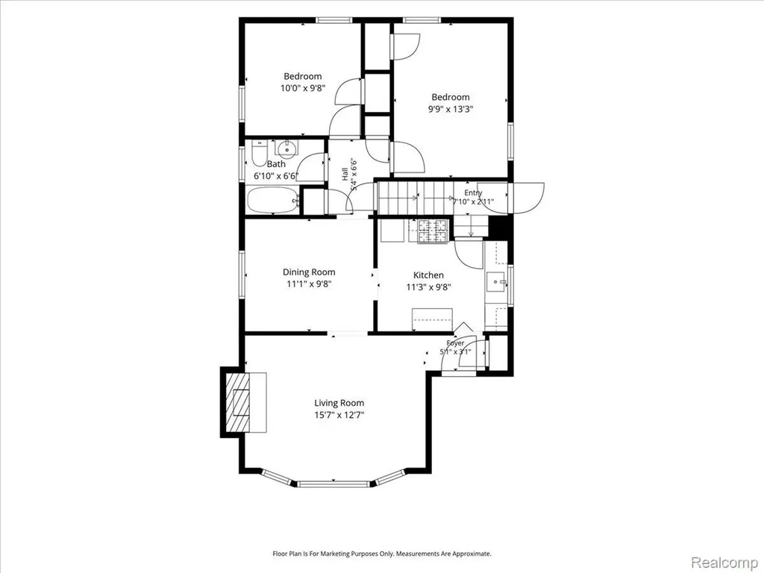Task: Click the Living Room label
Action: pos(339,403)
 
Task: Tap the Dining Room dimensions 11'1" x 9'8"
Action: pos(309,284)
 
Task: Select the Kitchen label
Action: pos(428,275)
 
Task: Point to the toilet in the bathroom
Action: pos(259,152)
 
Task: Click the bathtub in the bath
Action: pos(273,200)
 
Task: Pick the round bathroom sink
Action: pos(286,148)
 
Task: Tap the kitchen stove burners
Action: pos(433,231)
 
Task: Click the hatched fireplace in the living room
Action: pos(237,402)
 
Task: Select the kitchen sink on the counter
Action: pos(496,281)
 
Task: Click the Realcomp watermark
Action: pos(723,563)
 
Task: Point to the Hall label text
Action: pos(345,174)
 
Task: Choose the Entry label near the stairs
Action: pos(472,193)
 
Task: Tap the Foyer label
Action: pos(455,343)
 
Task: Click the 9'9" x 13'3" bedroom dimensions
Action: pos(450,109)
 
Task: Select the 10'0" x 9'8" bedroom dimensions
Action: pos(303,88)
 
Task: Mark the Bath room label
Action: pos(276,164)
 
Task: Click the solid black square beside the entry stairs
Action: pos(498,227)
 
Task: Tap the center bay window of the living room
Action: pos(334,483)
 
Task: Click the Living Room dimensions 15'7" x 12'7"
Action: pos(339,416)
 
